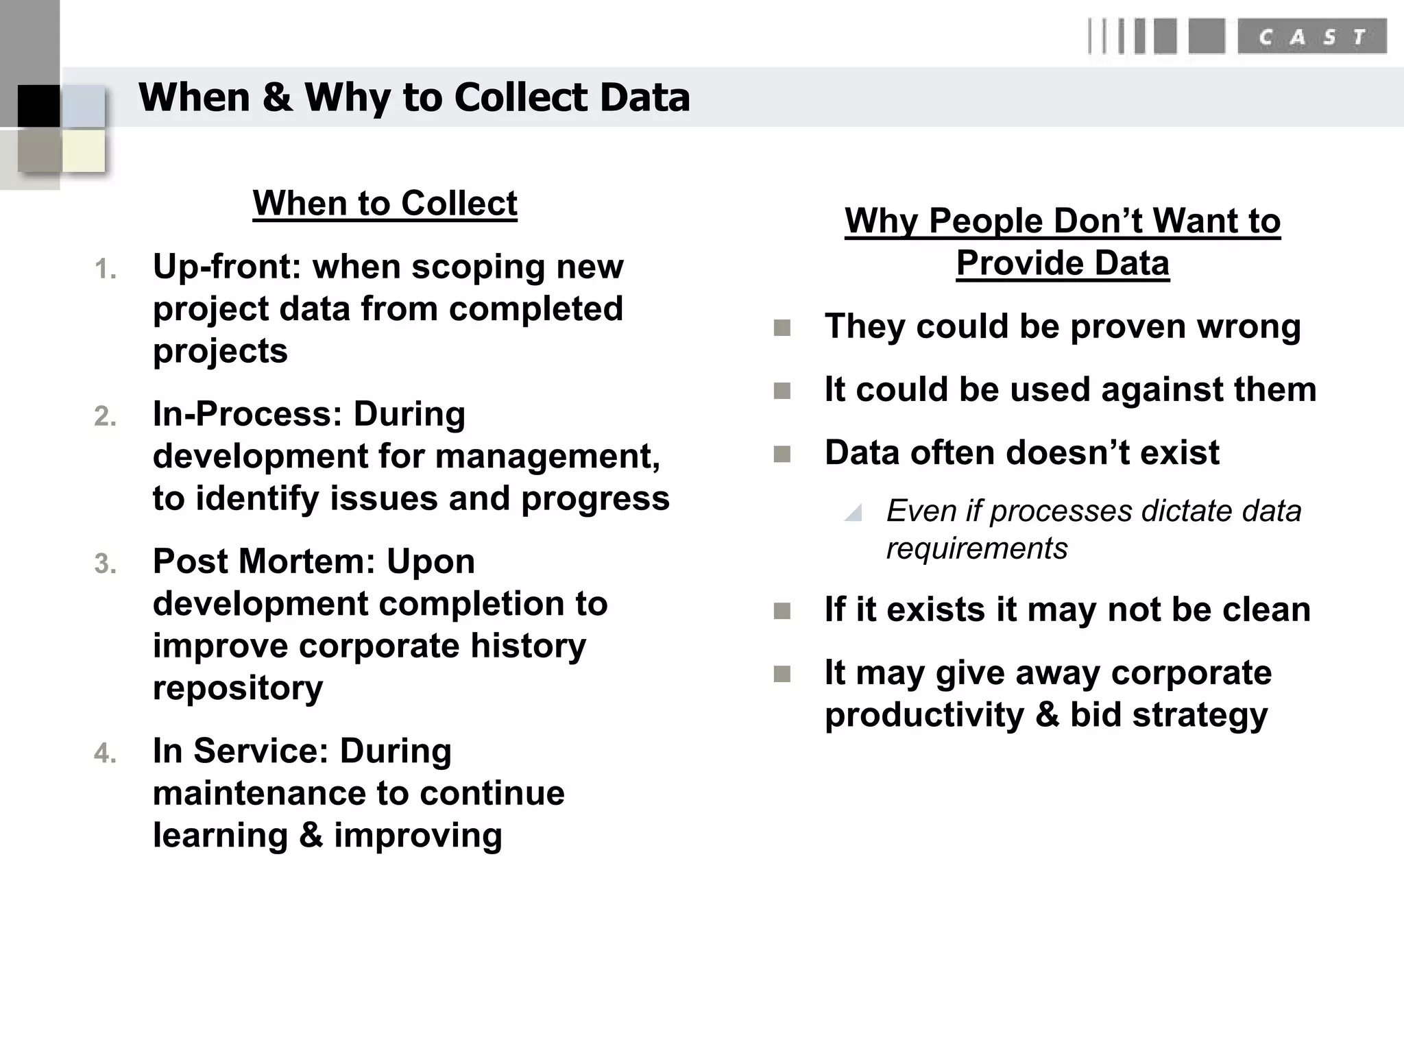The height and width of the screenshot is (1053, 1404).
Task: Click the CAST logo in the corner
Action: (x=1237, y=37)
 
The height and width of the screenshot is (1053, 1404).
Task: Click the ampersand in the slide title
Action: (x=277, y=97)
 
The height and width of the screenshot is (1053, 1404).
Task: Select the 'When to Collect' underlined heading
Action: (x=385, y=204)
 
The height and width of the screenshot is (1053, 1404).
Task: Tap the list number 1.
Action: (x=105, y=269)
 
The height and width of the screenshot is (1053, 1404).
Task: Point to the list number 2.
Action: (x=105, y=417)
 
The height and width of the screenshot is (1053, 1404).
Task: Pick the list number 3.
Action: (x=105, y=564)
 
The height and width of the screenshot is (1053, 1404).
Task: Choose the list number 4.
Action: (x=105, y=753)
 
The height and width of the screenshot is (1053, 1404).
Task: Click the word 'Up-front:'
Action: (x=227, y=267)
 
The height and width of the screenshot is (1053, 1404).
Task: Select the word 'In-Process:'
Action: (x=247, y=414)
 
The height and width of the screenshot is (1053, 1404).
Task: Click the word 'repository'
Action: (x=238, y=688)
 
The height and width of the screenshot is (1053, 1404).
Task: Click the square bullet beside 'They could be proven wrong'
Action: (x=782, y=328)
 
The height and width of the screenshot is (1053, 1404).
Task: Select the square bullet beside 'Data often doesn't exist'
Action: (x=782, y=454)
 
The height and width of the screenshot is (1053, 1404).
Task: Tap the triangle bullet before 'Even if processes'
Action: (x=854, y=513)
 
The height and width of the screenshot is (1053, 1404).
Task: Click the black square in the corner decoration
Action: (x=38, y=106)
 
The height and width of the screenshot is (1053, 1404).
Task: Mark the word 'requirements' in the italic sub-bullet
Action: (x=977, y=548)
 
